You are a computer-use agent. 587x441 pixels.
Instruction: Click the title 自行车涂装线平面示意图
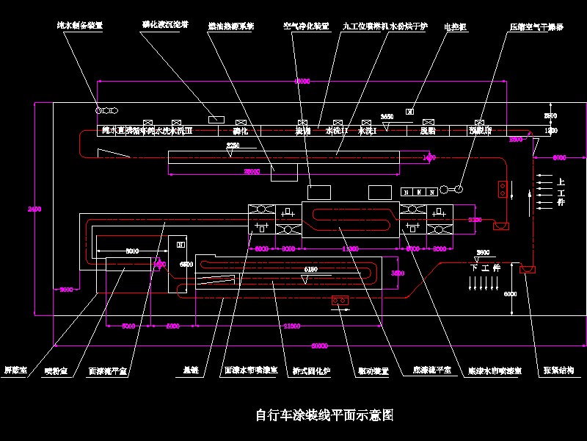(x=324, y=415)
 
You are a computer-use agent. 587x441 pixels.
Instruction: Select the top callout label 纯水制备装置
(x=80, y=25)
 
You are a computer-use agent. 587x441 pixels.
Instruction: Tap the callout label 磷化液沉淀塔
(x=165, y=24)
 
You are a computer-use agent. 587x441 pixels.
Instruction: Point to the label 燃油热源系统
(x=230, y=26)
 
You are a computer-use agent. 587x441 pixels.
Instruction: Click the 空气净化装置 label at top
(x=306, y=26)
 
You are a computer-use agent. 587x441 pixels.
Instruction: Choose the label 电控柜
(x=456, y=26)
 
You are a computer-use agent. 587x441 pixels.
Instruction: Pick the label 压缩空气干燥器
(x=536, y=26)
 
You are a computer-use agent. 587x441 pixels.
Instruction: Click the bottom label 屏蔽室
(x=15, y=370)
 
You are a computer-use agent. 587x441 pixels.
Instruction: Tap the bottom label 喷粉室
(x=56, y=371)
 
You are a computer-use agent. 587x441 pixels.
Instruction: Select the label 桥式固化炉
(x=311, y=371)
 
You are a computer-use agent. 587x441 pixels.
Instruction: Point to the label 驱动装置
(x=373, y=371)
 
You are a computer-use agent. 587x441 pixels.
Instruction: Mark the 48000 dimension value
(x=302, y=81)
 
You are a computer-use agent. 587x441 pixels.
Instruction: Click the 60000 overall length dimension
(x=319, y=345)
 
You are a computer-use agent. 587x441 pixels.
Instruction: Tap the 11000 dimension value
(x=350, y=248)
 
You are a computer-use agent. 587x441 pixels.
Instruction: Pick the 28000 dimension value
(x=251, y=171)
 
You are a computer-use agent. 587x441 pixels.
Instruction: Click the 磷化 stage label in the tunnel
(x=241, y=132)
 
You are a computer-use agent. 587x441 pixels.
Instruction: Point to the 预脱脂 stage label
(x=480, y=132)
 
